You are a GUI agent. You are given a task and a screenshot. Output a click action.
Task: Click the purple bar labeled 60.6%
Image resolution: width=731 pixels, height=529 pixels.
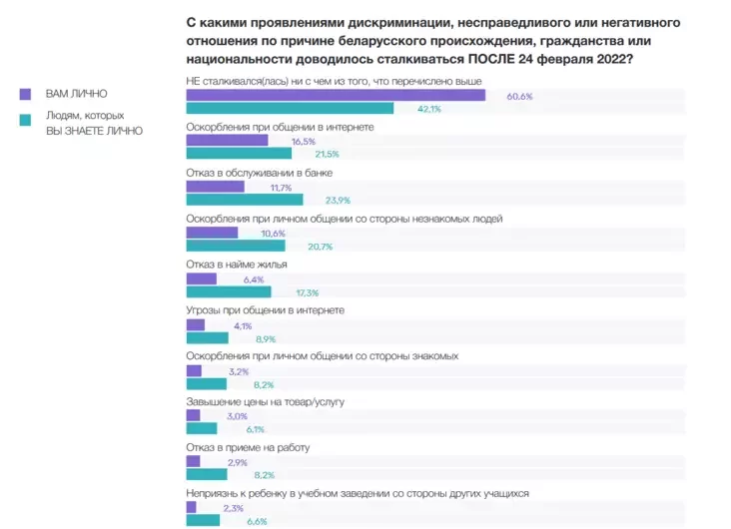coord(336,95)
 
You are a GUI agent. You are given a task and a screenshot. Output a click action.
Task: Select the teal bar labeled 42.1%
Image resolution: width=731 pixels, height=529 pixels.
coord(290,109)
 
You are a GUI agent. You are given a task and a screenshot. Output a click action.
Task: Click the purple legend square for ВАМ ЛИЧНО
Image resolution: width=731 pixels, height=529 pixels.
coord(26,94)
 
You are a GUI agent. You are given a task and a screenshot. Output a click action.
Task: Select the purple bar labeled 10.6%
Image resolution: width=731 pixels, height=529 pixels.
coord(213,233)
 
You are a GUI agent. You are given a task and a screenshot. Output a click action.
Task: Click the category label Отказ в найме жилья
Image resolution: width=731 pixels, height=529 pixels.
coord(237,264)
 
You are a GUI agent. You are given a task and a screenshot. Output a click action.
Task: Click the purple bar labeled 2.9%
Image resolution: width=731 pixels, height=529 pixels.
coord(193,462)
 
